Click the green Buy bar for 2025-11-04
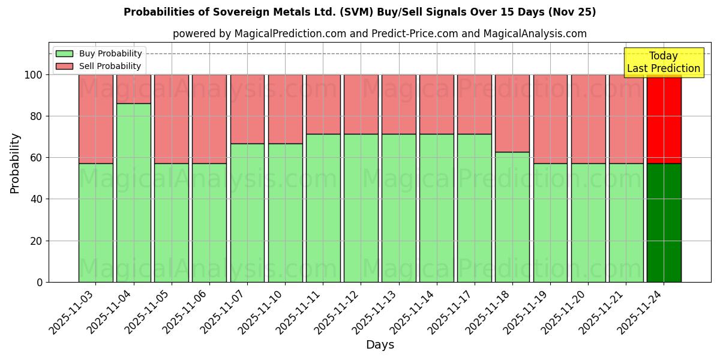tap(133, 193)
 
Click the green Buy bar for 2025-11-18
tap(512, 217)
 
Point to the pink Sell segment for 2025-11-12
tap(361, 104)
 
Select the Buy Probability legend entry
tap(99, 54)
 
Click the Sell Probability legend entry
tap(99, 67)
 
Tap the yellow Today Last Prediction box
tap(663, 62)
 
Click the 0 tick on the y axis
tap(40, 282)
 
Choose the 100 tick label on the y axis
tap(33, 75)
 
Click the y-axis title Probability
tap(15, 163)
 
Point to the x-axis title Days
tap(380, 345)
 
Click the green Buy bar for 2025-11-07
tap(247, 212)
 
